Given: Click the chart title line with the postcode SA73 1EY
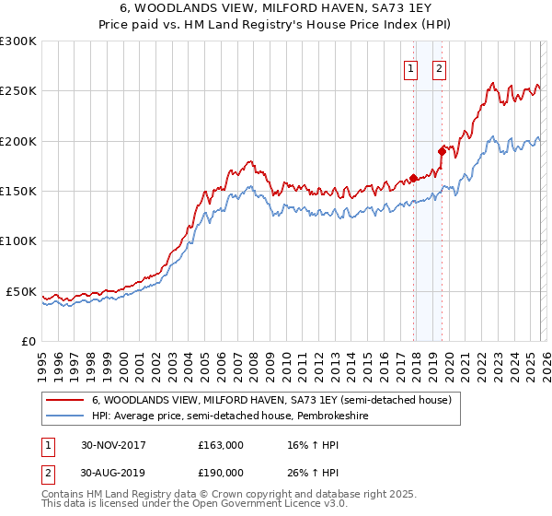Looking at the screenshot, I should pyautogui.click(x=276, y=9).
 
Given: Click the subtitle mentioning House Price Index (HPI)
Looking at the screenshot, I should pyautogui.click(x=276, y=26).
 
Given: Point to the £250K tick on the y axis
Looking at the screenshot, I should pyautogui.click(x=18, y=91).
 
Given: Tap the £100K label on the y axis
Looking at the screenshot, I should pyautogui.click(x=18, y=240).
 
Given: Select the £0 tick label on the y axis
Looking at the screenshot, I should pyautogui.click(x=28, y=341).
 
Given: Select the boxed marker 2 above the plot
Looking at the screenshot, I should pyautogui.click(x=439, y=68).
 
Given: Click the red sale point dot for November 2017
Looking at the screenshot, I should pyautogui.click(x=413, y=178).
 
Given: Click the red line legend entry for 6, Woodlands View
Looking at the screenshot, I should pyautogui.click(x=271, y=401).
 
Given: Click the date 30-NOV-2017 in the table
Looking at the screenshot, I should pyautogui.click(x=113, y=445).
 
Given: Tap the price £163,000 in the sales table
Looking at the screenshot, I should pyautogui.click(x=221, y=445).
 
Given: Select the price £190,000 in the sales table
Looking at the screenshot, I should pyautogui.click(x=221, y=473).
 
